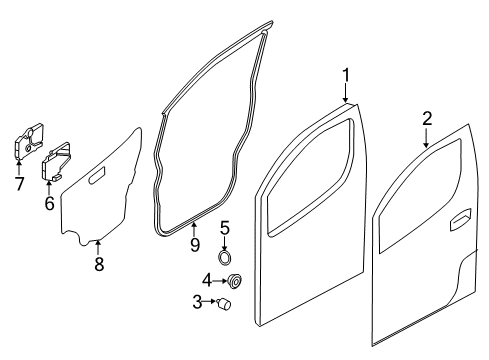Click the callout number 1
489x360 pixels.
[346, 74]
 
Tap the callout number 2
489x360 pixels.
[426, 119]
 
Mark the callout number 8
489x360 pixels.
[98, 264]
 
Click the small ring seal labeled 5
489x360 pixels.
[225, 252]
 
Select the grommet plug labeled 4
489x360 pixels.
[235, 280]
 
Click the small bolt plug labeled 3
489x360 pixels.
[226, 302]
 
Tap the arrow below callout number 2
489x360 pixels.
[426, 139]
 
